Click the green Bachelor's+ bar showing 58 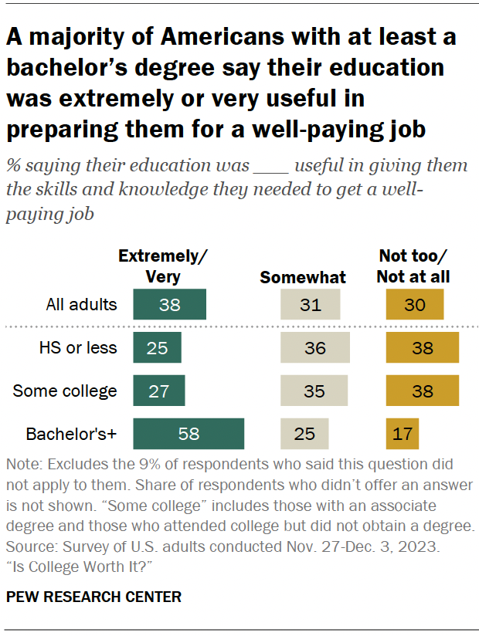(x=189, y=434)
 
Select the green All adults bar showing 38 (x=170, y=304)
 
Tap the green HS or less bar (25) (x=157, y=347)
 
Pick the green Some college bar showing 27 (x=159, y=391)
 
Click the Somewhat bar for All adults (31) (x=310, y=304)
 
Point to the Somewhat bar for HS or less (x=314, y=347)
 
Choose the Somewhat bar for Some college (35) (x=314, y=391)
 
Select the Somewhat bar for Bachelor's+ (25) (x=304, y=434)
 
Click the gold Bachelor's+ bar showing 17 (x=402, y=434)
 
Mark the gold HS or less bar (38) (x=423, y=347)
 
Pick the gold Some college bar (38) (x=423, y=391)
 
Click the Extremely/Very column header (x=164, y=267)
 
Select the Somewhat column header (x=303, y=277)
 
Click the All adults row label (x=81, y=304)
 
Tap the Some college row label (x=66, y=391)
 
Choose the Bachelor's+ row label (x=70, y=434)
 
